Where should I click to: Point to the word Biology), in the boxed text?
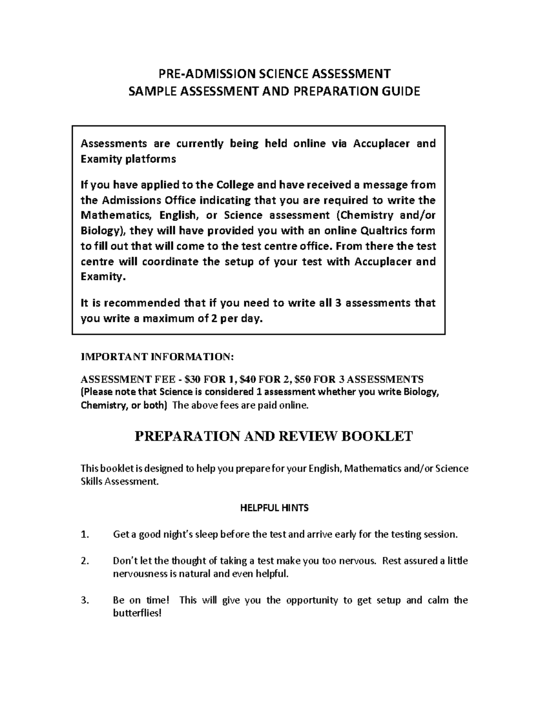pos(102,230)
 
